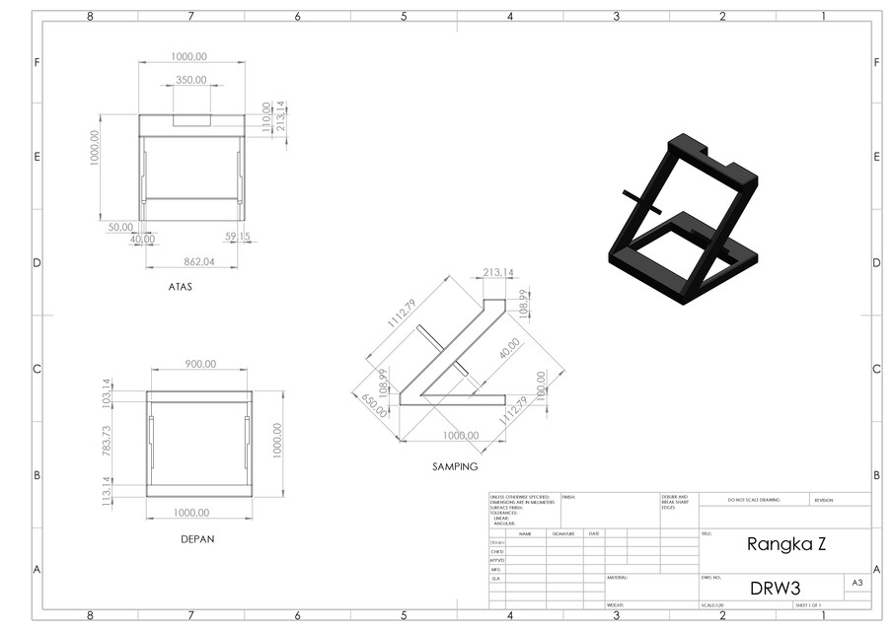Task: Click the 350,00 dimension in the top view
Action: (191, 80)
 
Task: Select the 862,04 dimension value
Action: (199, 261)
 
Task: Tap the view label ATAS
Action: (180, 288)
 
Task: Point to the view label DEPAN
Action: (198, 539)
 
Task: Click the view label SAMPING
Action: (454, 466)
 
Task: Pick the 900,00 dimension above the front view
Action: (200, 364)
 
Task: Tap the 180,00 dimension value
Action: (540, 385)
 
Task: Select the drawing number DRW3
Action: (774, 588)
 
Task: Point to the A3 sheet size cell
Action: (856, 584)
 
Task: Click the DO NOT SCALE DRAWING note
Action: (752, 500)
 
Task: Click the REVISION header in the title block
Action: (824, 500)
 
